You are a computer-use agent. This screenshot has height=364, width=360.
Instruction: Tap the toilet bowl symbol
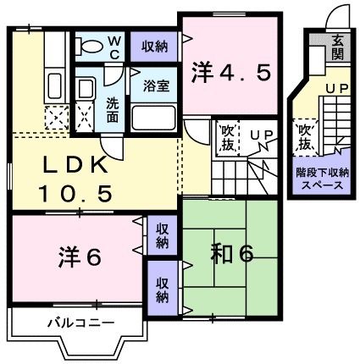(x=91, y=44)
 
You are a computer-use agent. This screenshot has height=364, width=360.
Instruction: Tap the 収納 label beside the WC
(x=154, y=46)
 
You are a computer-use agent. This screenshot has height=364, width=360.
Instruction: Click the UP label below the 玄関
(x=336, y=87)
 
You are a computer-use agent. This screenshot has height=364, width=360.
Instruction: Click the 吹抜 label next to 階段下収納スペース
(x=303, y=135)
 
